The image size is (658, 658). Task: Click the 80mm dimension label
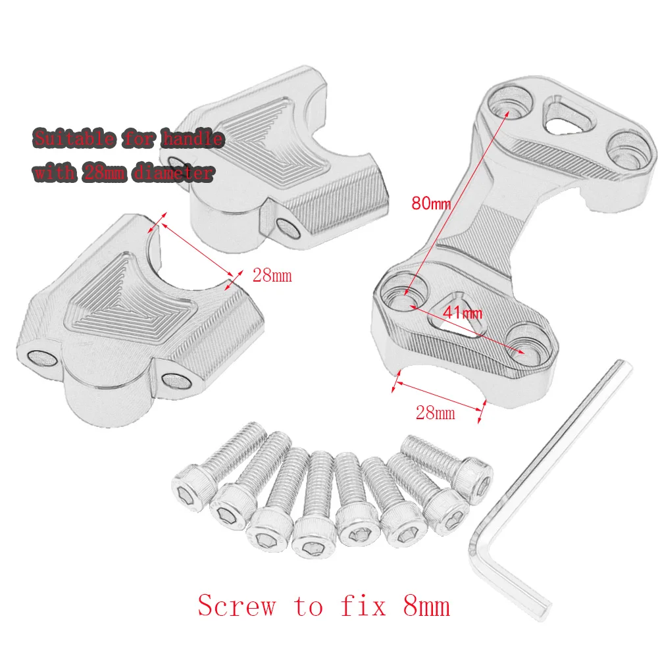click(431, 203)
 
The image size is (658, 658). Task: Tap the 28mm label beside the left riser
click(272, 275)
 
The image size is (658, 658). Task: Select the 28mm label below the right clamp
click(435, 413)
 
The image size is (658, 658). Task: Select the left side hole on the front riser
click(41, 356)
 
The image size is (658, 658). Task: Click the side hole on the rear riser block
click(288, 226)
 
